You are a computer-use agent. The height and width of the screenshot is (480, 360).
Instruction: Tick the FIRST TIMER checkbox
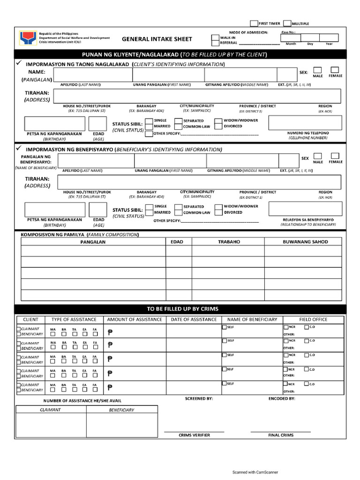pos(254,23)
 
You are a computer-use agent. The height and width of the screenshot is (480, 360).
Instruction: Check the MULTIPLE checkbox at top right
pos(287,23)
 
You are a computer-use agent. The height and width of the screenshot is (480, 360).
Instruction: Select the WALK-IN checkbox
pos(215,37)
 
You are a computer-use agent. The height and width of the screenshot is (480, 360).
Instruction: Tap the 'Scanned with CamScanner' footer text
pos(255,472)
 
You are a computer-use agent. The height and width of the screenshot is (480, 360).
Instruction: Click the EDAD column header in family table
pos(178,242)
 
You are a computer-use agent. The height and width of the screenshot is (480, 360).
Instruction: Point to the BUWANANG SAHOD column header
pos(305,242)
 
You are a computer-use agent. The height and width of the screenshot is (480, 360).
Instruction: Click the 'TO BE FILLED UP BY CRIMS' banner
pos(182,309)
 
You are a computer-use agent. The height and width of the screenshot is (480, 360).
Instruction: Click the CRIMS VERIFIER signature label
pos(194,435)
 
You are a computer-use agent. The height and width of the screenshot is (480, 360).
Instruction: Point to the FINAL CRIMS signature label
pos(281,435)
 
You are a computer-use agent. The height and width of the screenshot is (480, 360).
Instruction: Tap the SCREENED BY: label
pos(199,398)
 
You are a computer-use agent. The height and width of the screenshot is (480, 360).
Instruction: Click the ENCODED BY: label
pos(281,398)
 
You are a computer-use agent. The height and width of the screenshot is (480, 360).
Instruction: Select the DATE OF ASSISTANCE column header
pos(194,319)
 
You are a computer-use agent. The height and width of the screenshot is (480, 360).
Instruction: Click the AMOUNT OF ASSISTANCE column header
pos(135,319)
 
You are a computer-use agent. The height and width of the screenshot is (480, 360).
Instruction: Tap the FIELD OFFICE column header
pos(313,319)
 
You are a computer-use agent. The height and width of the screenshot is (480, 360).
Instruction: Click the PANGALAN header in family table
pos(93,242)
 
